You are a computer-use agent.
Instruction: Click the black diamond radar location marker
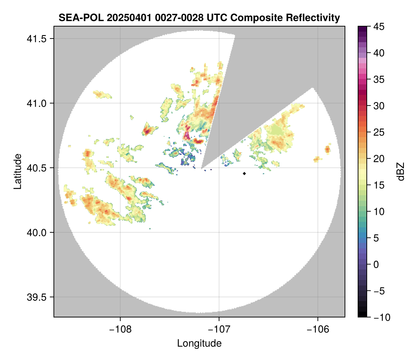coord(245,173)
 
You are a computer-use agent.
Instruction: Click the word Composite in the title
coord(249,17)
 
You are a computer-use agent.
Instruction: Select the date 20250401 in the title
coord(120,17)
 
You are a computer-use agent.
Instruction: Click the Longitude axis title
coord(199,343)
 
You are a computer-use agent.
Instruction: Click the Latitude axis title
coord(17,171)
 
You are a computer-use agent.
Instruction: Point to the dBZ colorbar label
coord(401,172)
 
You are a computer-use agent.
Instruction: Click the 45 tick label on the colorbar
coord(380,27)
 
